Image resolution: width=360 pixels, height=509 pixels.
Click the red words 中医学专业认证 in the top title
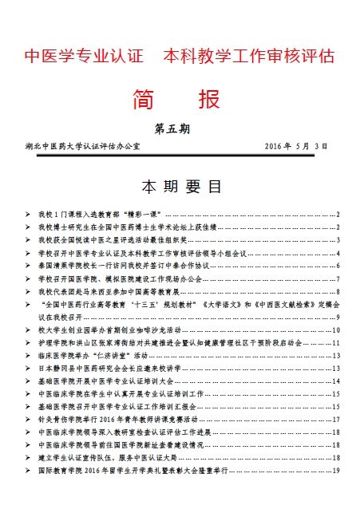click(x=84, y=57)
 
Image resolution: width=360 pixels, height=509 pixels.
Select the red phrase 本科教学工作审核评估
click(x=248, y=57)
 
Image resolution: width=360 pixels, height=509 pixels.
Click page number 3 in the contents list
click(x=338, y=240)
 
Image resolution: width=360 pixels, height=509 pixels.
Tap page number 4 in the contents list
click(x=338, y=253)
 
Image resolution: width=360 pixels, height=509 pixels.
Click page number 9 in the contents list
click(x=338, y=318)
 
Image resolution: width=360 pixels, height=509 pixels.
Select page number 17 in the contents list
click(x=337, y=420)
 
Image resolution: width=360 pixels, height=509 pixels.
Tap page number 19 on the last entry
click(x=337, y=471)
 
